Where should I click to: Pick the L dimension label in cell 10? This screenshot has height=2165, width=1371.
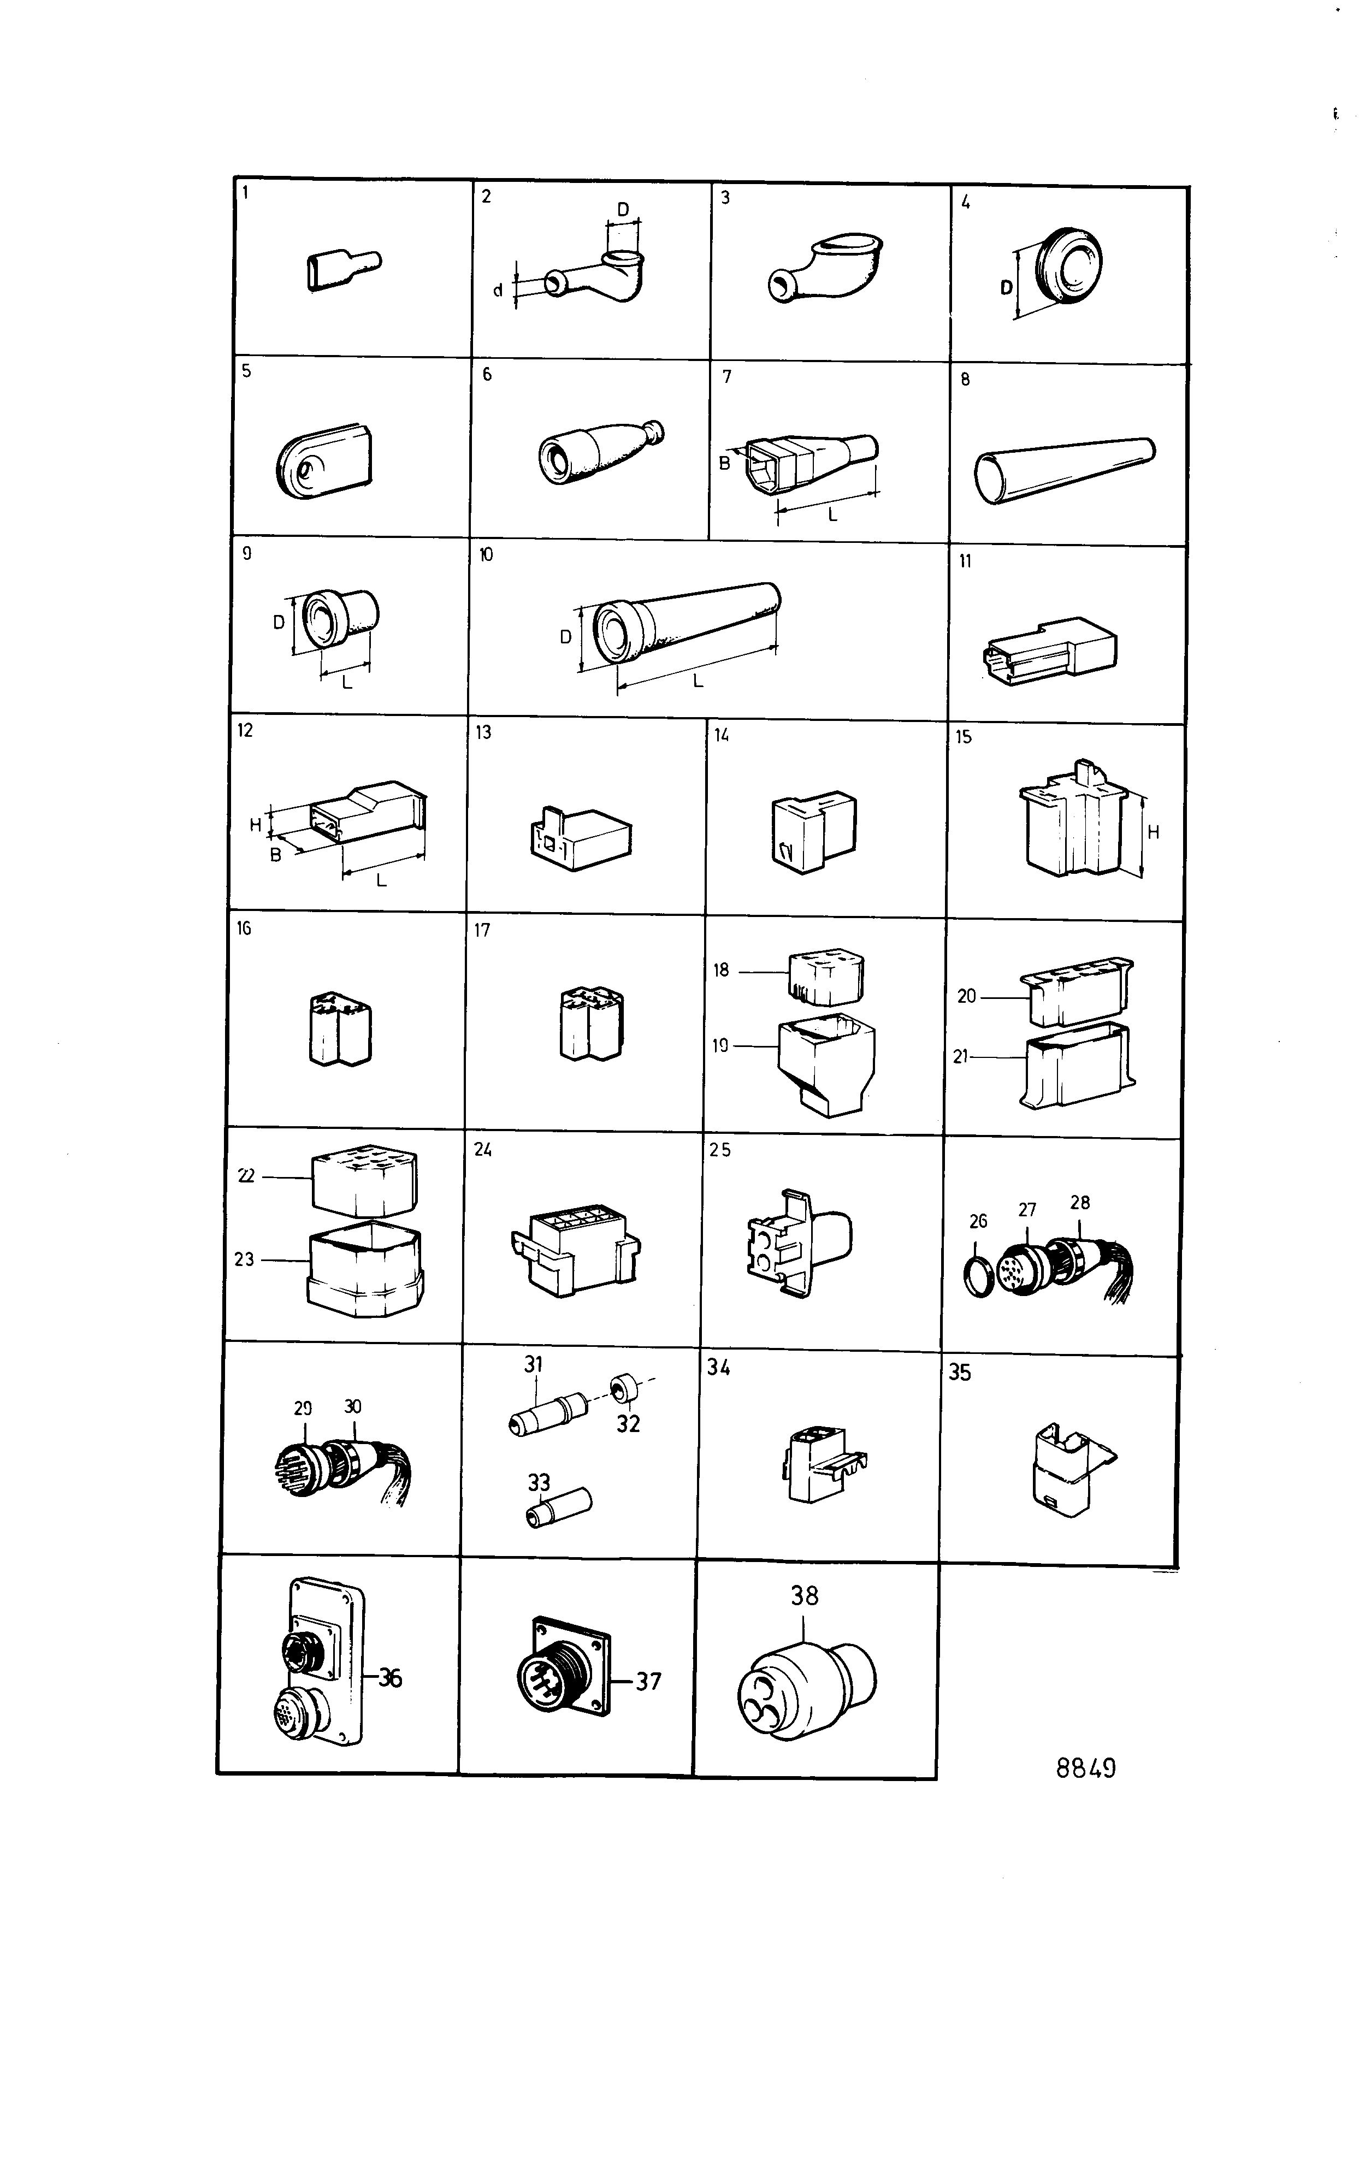tap(697, 681)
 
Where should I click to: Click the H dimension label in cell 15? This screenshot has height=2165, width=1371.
tap(1154, 832)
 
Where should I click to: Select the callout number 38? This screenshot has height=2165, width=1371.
tap(805, 1596)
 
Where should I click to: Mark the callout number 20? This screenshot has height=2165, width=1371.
tap(966, 996)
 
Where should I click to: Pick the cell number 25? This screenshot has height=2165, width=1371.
tap(720, 1150)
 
